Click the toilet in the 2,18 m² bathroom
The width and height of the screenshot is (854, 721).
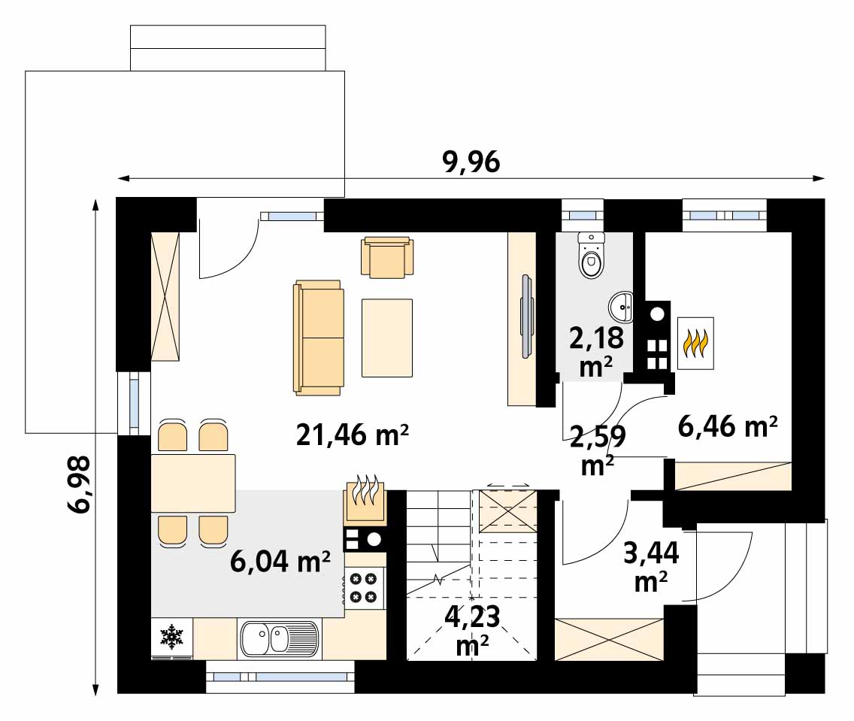point(592,255)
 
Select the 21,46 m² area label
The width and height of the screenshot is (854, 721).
point(353,435)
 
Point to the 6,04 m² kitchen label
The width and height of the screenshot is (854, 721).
point(280,561)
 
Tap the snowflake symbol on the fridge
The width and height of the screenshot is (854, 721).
point(171,637)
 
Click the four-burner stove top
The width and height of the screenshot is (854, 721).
point(365,588)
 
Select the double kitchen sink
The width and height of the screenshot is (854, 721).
point(279,639)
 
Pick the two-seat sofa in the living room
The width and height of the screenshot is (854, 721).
point(319,338)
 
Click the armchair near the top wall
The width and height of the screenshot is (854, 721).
point(386,257)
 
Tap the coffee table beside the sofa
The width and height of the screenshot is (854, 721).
point(387,338)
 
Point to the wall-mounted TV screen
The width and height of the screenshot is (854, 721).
point(526,317)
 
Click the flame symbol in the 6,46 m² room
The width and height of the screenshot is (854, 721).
point(695,344)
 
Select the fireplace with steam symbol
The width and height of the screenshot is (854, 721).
point(365,501)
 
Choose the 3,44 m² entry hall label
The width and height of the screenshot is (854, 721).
point(651,567)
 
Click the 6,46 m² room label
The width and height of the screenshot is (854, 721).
point(728,426)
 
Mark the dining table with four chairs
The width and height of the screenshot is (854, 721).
point(193,483)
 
